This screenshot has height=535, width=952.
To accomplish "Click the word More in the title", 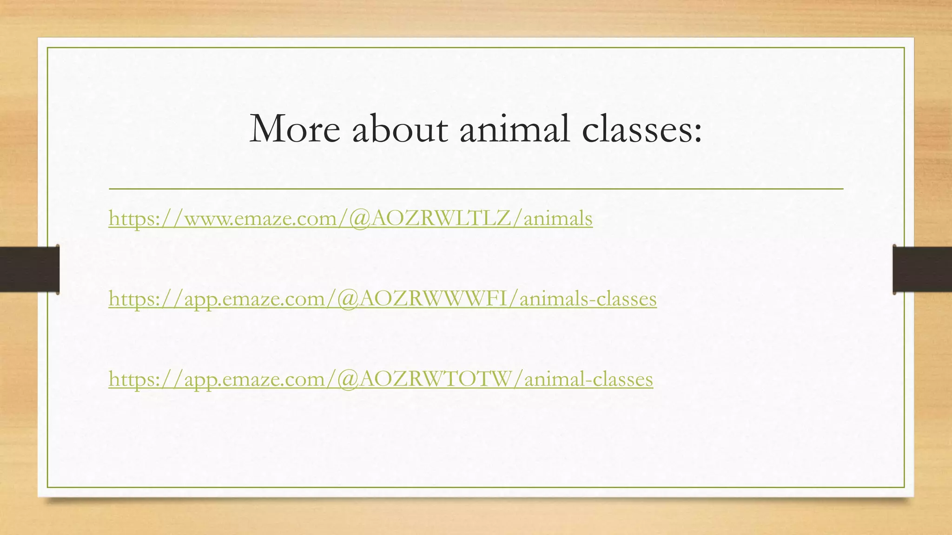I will coord(295,129).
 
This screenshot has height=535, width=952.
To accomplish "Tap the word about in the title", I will coord(400,129).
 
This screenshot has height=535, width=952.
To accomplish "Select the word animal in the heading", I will coord(515,129).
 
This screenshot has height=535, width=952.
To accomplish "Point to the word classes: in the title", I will coord(641,129).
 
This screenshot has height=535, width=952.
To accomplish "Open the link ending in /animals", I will coord(350,218).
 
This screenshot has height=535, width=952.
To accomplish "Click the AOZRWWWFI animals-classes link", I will coord(383,299).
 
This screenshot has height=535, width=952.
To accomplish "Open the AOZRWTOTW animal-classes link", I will coord(381,379).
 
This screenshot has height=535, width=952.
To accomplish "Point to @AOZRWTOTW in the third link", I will coord(424,379).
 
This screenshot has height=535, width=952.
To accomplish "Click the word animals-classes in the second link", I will coord(588,299).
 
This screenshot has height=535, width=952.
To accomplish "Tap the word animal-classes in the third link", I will coord(588,379).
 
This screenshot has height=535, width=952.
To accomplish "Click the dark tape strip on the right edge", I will coord(922,269).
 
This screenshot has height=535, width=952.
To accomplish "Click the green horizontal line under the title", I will coord(476,189).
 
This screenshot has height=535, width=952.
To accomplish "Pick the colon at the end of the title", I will coord(697,132).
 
